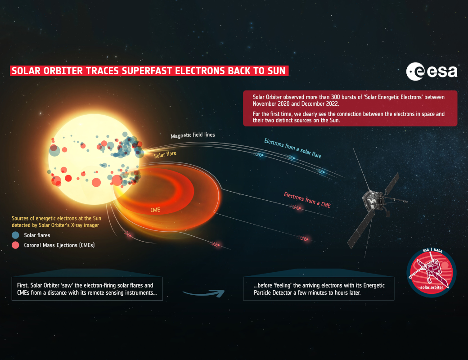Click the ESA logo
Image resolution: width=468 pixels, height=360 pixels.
(x=432, y=72)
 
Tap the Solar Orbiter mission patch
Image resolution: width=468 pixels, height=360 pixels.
(x=431, y=273)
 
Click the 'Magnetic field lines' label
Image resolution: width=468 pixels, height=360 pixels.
(x=193, y=135)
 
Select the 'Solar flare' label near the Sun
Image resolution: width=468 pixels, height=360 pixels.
(x=165, y=154)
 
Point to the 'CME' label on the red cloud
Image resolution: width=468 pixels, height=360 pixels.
(x=155, y=210)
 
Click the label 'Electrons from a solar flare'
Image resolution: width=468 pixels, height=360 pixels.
(x=293, y=148)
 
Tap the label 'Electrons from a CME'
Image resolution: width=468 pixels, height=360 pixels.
(x=307, y=200)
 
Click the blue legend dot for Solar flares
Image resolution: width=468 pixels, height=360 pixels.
(x=15, y=235)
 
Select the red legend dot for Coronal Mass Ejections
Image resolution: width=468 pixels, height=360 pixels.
(x=15, y=245)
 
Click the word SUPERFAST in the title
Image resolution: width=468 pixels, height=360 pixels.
(x=147, y=71)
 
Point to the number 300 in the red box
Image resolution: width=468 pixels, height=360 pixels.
(x=336, y=97)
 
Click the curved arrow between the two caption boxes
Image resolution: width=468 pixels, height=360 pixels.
(x=204, y=293)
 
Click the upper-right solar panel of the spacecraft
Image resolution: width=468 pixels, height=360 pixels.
(x=392, y=184)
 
